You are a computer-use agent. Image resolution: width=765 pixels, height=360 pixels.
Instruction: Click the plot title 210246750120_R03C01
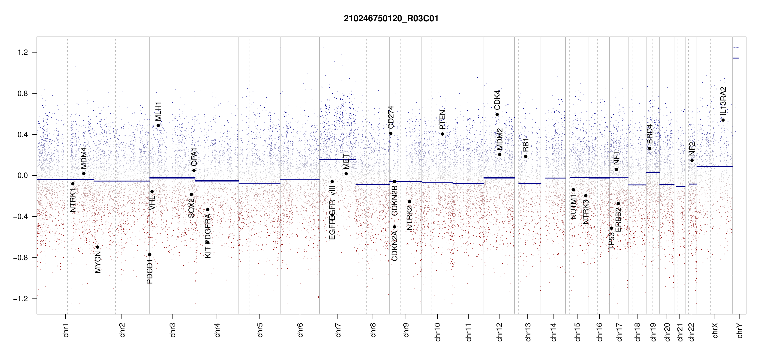click(x=391, y=19)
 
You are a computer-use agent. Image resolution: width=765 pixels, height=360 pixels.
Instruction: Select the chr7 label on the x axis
click(x=338, y=330)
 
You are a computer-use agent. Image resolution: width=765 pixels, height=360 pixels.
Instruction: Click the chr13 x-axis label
click(x=528, y=332)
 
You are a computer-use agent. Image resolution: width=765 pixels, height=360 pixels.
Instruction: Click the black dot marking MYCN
click(x=97, y=247)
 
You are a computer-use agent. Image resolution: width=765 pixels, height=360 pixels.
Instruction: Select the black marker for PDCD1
click(x=150, y=255)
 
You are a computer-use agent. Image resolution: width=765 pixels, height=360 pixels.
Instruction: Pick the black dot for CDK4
click(x=497, y=115)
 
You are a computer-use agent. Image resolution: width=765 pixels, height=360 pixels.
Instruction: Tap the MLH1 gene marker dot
click(x=158, y=125)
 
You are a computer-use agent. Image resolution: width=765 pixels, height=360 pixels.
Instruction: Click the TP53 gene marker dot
click(x=611, y=228)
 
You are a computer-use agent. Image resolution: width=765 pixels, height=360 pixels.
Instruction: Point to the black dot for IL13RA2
click(x=723, y=120)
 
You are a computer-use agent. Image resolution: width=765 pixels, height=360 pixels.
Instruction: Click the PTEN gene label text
click(x=442, y=120)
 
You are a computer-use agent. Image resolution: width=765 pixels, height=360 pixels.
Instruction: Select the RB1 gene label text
click(x=526, y=145)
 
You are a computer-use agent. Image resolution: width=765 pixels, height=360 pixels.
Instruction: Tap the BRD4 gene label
click(x=649, y=134)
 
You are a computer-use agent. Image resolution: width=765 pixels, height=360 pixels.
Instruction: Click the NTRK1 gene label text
click(x=73, y=200)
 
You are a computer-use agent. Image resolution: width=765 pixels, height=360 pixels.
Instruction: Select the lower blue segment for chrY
click(x=736, y=58)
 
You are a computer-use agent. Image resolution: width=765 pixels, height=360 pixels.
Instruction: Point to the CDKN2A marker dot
click(x=394, y=227)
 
